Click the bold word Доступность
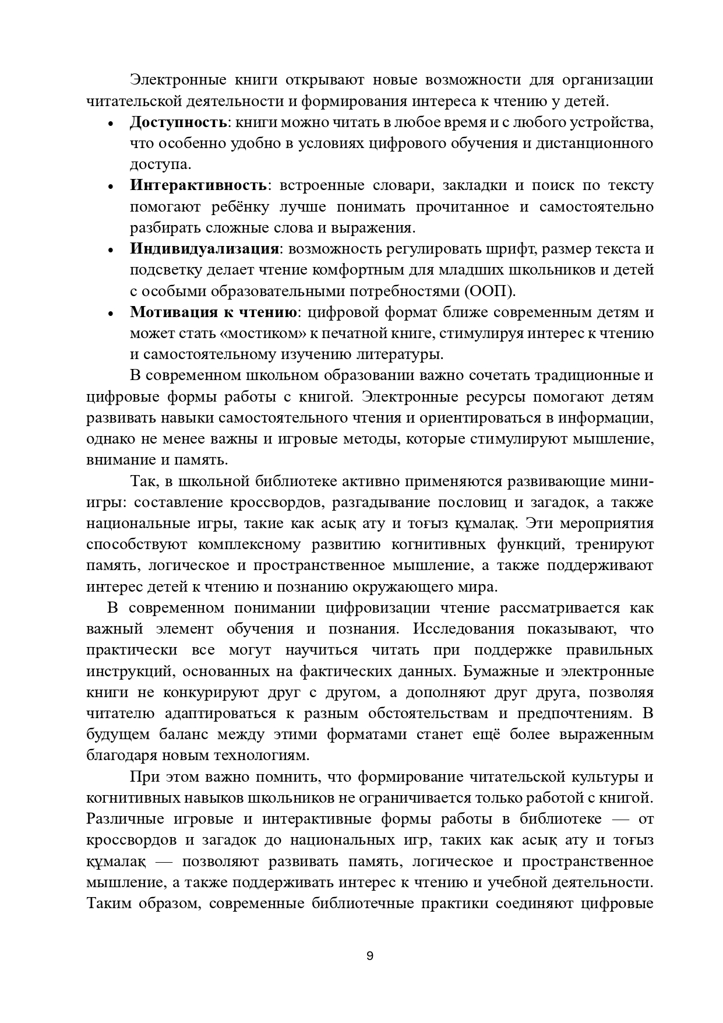pos(178,122)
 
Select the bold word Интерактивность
pos(198,186)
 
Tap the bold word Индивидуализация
pos(204,249)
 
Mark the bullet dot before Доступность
pos(111,124)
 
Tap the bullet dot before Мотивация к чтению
pos(111,314)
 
